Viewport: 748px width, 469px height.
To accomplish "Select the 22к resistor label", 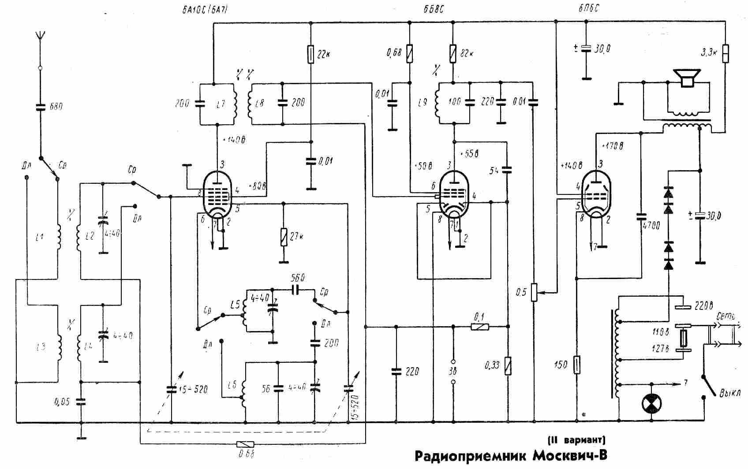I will pos(324,55).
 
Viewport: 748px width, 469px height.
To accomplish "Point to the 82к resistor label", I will pos(467,54).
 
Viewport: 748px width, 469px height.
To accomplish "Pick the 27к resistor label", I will pos(296,236).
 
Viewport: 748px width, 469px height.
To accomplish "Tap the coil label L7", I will pos(221,104).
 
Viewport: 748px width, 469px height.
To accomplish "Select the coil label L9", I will pos(423,103).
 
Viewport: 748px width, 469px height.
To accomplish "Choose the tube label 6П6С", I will pos(588,8).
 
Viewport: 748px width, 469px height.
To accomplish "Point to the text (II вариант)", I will pos(576,440).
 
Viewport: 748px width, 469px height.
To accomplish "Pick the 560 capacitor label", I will pos(299,279).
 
